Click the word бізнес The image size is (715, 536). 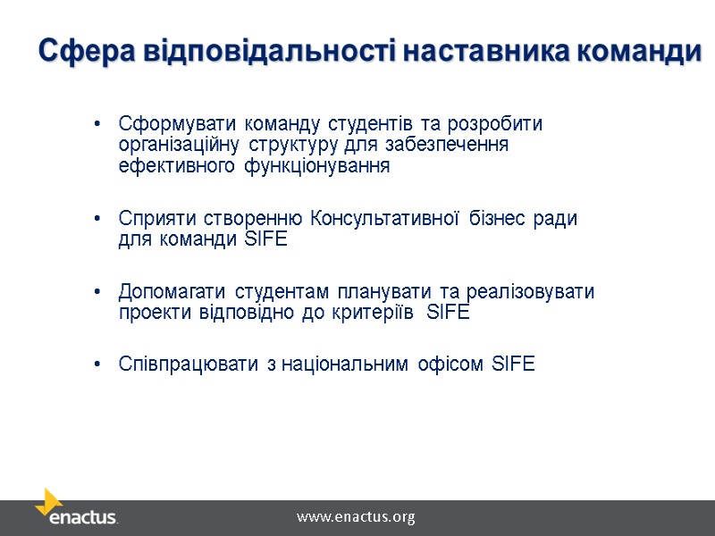pyautogui.click(x=498, y=218)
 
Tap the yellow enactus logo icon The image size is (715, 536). pyautogui.click(x=51, y=500)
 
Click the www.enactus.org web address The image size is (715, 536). pyautogui.click(x=356, y=517)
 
